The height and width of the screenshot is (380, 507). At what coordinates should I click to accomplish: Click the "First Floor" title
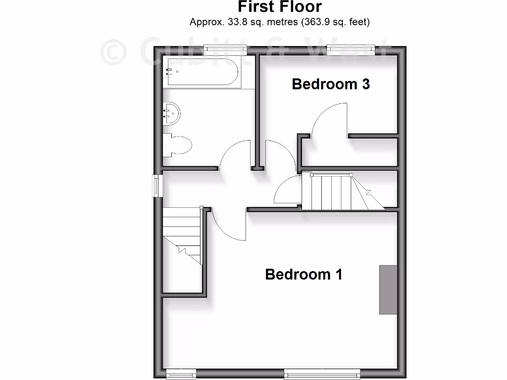(280, 7)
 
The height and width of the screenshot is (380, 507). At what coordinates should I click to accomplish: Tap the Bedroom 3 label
(331, 84)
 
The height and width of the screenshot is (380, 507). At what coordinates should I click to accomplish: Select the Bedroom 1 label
(304, 274)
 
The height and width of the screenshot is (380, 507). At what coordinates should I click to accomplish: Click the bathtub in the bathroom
(203, 72)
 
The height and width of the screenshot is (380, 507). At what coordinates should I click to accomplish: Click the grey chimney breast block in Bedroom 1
(388, 289)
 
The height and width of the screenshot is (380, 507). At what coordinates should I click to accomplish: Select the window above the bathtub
(226, 48)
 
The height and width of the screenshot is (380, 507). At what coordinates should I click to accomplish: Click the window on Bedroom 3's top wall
(351, 48)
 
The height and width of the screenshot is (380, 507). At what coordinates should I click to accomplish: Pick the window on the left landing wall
(157, 186)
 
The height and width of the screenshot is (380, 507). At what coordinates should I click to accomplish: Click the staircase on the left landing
(182, 235)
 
